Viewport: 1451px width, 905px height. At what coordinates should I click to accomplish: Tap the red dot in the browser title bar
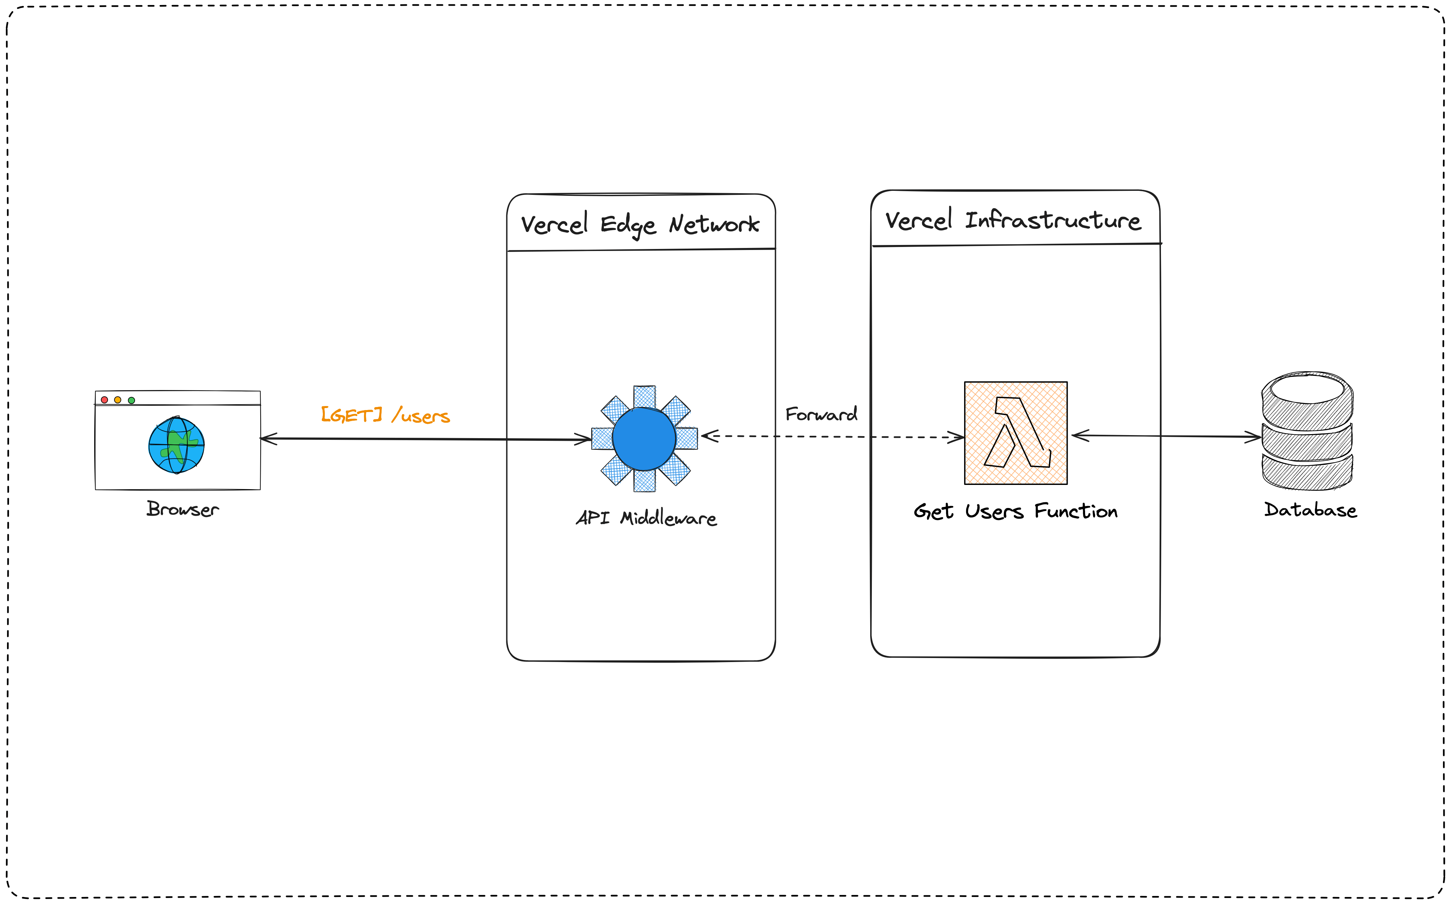click(x=105, y=400)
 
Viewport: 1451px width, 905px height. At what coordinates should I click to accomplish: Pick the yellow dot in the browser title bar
click(x=118, y=400)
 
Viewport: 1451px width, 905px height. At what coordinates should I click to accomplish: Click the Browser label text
click(x=182, y=509)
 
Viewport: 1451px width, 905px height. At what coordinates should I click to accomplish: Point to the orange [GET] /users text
click(x=385, y=415)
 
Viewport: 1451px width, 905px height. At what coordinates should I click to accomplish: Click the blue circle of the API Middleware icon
click(x=644, y=439)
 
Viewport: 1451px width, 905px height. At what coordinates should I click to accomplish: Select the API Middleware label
click(x=646, y=518)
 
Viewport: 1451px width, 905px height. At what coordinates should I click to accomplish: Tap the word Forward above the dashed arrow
click(x=821, y=414)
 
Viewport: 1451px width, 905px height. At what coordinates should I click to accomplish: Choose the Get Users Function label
click(x=1016, y=512)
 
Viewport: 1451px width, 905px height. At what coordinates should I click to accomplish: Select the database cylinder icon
click(x=1307, y=431)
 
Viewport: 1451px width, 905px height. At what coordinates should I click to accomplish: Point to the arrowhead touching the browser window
click(x=268, y=439)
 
